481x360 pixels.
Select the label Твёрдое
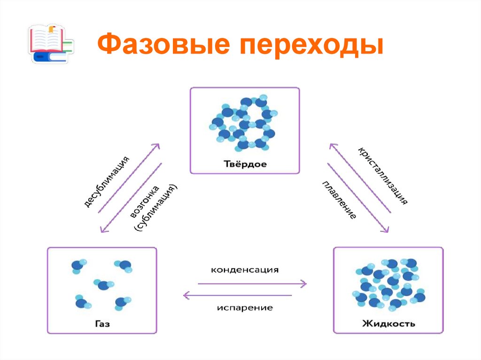pyautogui.click(x=244, y=164)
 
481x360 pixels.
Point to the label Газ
pyautogui.click(x=102, y=323)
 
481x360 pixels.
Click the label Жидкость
pyautogui.click(x=388, y=323)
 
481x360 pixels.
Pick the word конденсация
pyautogui.click(x=245, y=270)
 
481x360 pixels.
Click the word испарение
pyautogui.click(x=245, y=308)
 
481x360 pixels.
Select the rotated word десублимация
pyautogui.click(x=107, y=180)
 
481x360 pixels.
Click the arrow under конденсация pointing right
pyautogui.click(x=252, y=283)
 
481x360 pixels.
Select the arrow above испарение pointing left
pyautogui.click(x=237, y=295)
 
